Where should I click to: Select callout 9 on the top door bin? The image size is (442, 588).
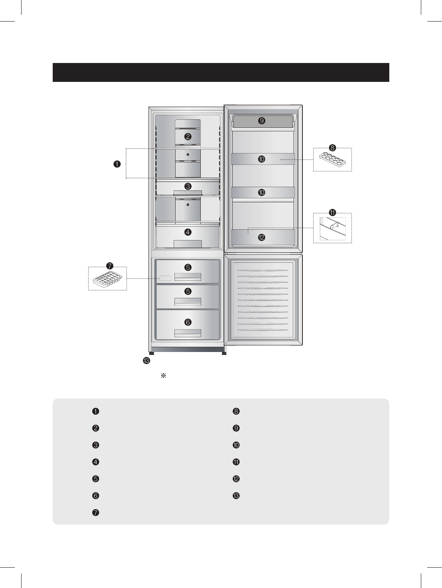(x=262, y=121)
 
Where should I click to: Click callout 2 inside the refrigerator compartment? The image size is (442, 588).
(x=188, y=136)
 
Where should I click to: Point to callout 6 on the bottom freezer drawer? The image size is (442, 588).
(x=188, y=322)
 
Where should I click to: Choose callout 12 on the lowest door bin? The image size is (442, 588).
(x=262, y=237)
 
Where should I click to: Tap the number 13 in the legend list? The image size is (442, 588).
(x=236, y=496)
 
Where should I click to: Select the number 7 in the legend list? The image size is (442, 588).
(x=95, y=513)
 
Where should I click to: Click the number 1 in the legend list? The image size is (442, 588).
(x=95, y=411)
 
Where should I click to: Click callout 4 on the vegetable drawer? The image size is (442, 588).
(x=188, y=232)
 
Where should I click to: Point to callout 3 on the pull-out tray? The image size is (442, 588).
(x=188, y=186)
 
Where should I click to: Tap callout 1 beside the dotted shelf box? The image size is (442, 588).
(x=117, y=164)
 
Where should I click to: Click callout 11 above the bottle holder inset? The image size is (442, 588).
(x=332, y=213)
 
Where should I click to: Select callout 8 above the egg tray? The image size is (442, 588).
(x=332, y=148)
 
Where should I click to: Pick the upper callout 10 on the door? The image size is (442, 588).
(x=262, y=159)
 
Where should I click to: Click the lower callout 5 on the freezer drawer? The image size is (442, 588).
(x=188, y=291)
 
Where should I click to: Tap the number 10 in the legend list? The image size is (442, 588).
(x=236, y=445)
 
